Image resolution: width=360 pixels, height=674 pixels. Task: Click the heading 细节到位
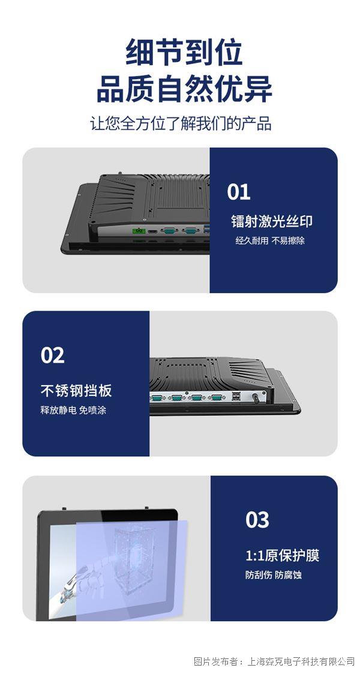coord(184,52)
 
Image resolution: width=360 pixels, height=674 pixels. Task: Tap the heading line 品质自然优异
coord(184,89)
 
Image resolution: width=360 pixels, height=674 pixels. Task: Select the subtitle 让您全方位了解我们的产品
coord(181,124)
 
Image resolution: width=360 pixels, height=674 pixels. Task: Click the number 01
coord(239,192)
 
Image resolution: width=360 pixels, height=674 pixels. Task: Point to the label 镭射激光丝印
coord(271,221)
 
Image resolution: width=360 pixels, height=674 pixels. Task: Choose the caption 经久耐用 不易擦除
coord(269,240)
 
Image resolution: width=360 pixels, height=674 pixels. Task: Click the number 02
coord(52,356)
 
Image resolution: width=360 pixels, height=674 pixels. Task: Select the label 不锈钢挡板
coord(76,391)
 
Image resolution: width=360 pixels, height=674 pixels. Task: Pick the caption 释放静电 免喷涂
coord(73,410)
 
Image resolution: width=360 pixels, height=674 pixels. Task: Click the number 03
coord(257,520)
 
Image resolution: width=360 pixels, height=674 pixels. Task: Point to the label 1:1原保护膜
coord(282,555)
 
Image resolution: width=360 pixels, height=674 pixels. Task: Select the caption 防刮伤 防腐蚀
coord(273,574)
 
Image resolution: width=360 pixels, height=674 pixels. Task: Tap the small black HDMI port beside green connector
coord(152,231)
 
